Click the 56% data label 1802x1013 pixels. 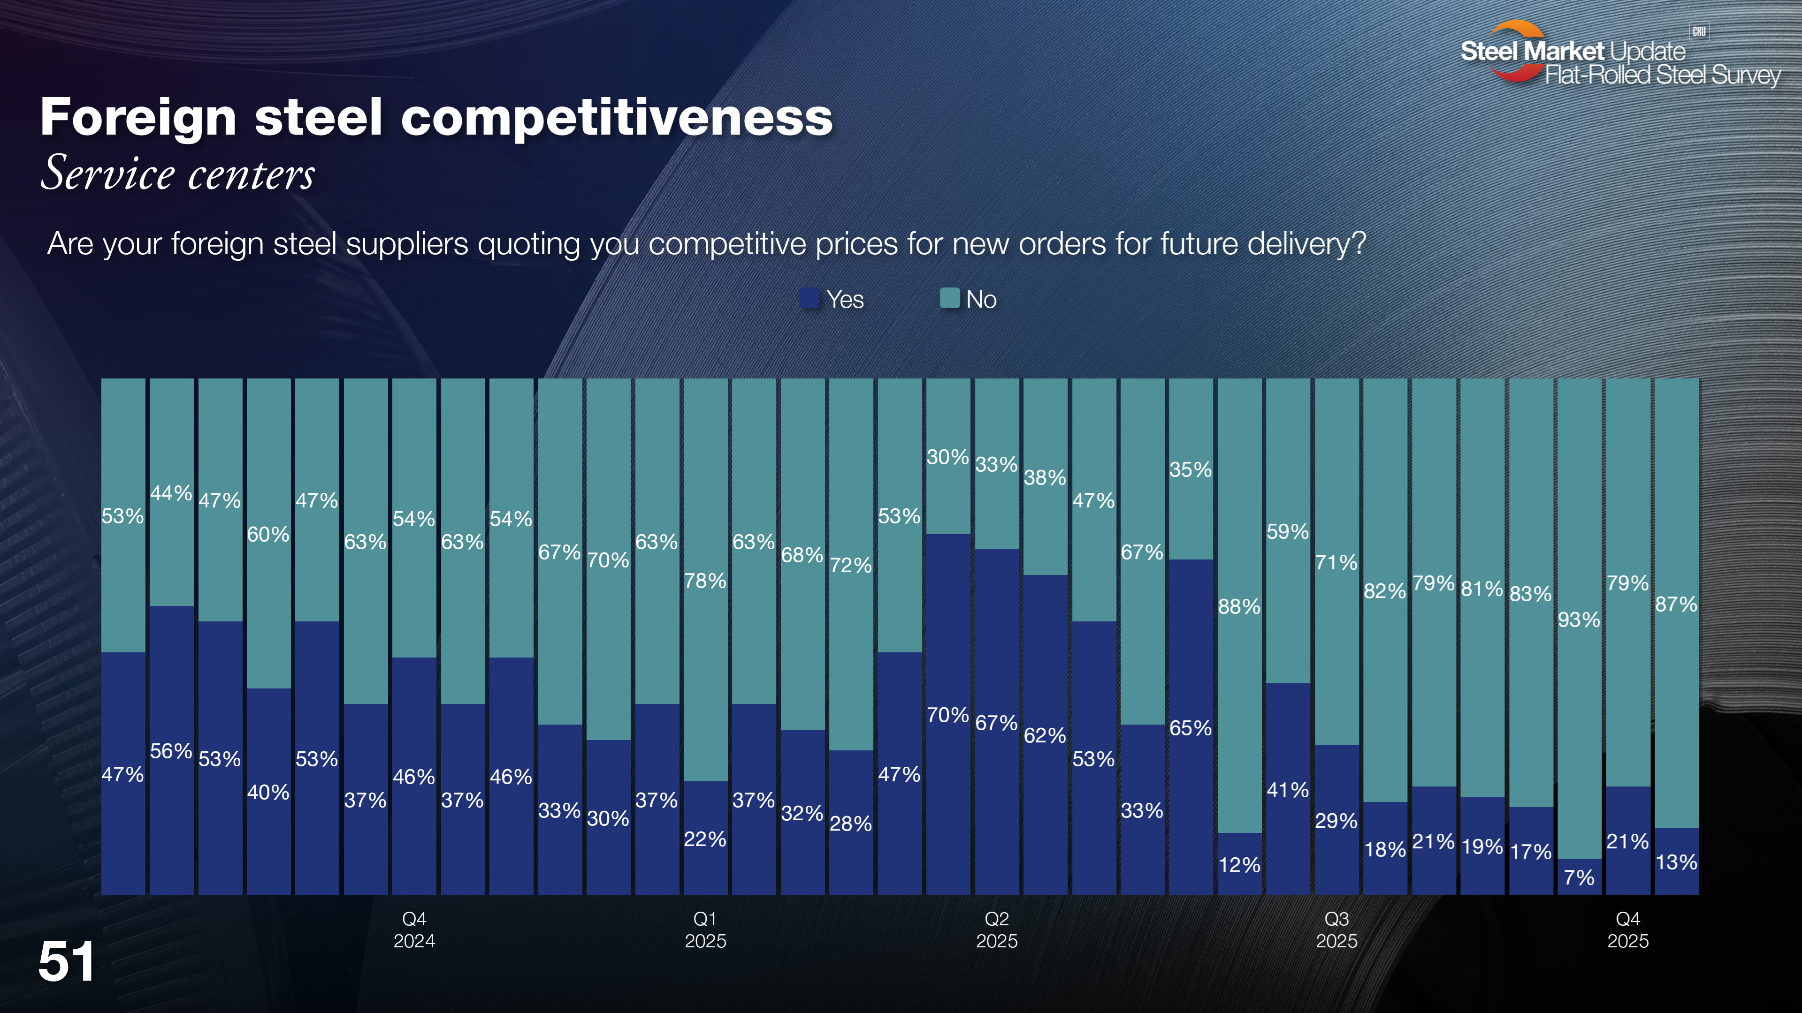pyautogui.click(x=171, y=751)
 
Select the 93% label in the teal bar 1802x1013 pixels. pyautogui.click(x=1579, y=620)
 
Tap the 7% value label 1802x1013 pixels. pyautogui.click(x=1579, y=877)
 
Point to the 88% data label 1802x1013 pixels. pyautogui.click(x=1239, y=606)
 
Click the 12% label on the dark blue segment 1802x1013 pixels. pyautogui.click(x=1239, y=865)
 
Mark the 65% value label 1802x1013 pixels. pyautogui.click(x=1190, y=728)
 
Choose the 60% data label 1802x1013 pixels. pyautogui.click(x=268, y=534)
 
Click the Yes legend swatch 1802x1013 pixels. pyautogui.click(x=809, y=299)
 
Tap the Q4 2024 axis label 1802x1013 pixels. pyautogui.click(x=414, y=930)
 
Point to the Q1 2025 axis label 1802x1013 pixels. pyautogui.click(x=705, y=930)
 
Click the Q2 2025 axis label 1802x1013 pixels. pyautogui.click(x=997, y=930)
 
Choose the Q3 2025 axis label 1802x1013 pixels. pyautogui.click(x=1336, y=930)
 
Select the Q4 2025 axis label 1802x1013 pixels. pyautogui.click(x=1628, y=930)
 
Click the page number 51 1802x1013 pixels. pyautogui.click(x=67, y=962)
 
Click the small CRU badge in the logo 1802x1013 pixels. pyautogui.click(x=1699, y=31)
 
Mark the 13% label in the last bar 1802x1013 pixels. pyautogui.click(x=1676, y=862)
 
